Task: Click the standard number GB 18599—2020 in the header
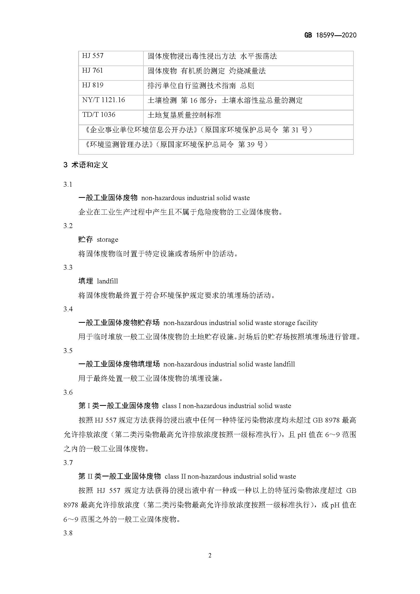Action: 330,35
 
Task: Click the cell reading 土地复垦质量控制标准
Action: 184,115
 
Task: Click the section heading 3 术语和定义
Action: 86,165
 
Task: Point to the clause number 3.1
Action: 68,184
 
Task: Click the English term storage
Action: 107,240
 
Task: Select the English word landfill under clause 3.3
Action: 107,281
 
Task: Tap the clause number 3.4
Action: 68,309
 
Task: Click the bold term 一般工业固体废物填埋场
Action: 119,364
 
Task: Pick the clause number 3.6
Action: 68,392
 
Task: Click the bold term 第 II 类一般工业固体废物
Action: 120,476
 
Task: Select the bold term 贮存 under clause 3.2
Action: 86,239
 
